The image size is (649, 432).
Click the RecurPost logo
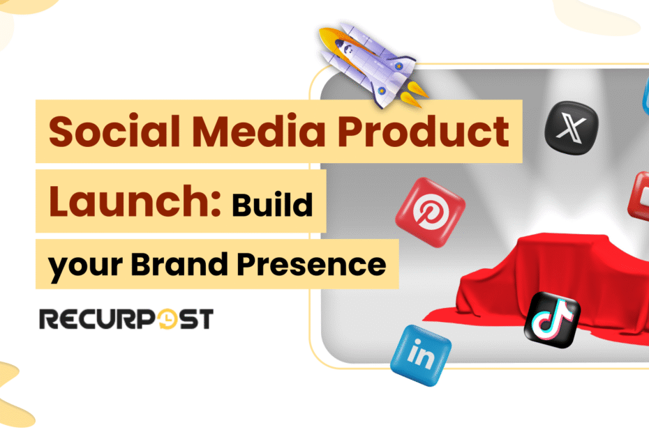(x=126, y=319)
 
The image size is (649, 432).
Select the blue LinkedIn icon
(x=421, y=355)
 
